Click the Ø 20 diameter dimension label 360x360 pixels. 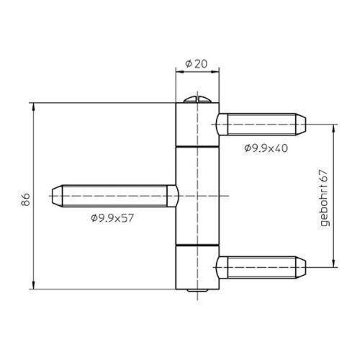click(197, 64)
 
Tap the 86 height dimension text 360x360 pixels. click(25, 199)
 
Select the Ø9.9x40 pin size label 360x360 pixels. click(266, 148)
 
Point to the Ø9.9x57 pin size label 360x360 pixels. click(112, 218)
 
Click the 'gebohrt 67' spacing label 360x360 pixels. click(324, 198)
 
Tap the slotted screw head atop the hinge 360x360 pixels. click(197, 100)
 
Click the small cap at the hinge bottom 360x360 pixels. click(197, 290)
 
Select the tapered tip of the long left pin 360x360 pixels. click(57, 196)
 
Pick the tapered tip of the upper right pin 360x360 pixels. click(300, 125)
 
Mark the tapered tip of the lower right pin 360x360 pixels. click(300, 267)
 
